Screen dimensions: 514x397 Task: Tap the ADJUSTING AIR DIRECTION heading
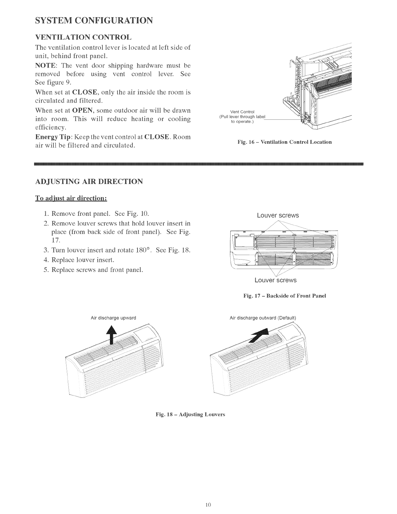(x=89, y=181)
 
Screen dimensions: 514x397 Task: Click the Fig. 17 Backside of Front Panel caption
(x=284, y=296)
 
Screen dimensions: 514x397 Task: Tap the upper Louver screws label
(x=278, y=215)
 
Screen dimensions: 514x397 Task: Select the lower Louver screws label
(x=275, y=280)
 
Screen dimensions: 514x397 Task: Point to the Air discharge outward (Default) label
(x=263, y=318)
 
